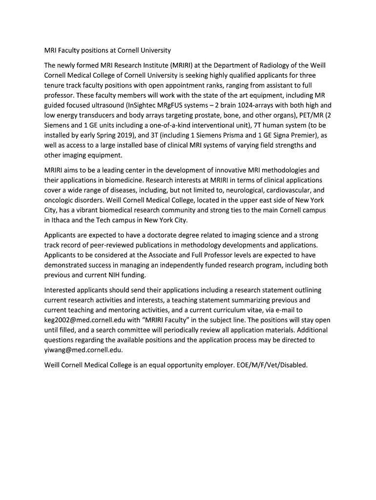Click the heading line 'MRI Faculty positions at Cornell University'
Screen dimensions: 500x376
[x=107, y=50]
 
